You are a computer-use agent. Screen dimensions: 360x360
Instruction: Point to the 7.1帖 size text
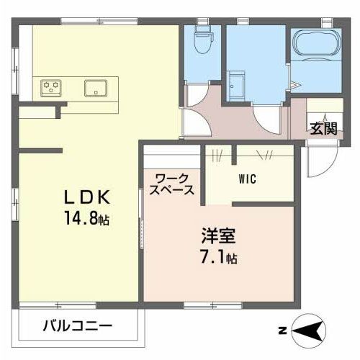[219, 256]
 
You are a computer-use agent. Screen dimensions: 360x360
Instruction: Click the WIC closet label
[247, 179]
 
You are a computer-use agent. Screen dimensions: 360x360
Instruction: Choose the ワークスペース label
[171, 184]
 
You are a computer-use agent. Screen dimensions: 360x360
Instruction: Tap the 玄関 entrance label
[323, 130]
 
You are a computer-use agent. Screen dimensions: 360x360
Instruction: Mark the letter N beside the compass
[282, 332]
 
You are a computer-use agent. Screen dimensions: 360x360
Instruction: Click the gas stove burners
[51, 88]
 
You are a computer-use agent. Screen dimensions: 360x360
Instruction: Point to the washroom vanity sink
[237, 84]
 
